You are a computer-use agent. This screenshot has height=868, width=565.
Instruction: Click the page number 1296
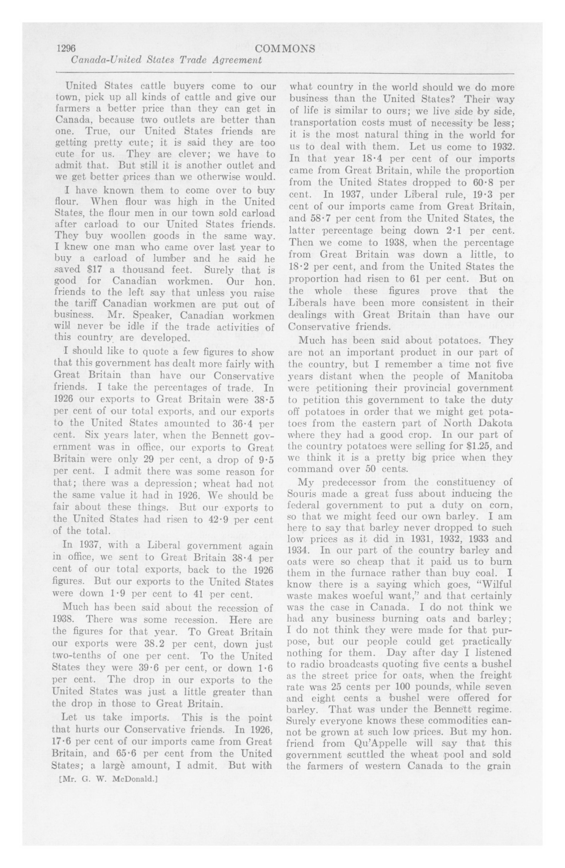pyautogui.click(x=66, y=49)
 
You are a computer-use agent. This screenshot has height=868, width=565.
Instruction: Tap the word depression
pyautogui.click(x=172, y=484)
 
